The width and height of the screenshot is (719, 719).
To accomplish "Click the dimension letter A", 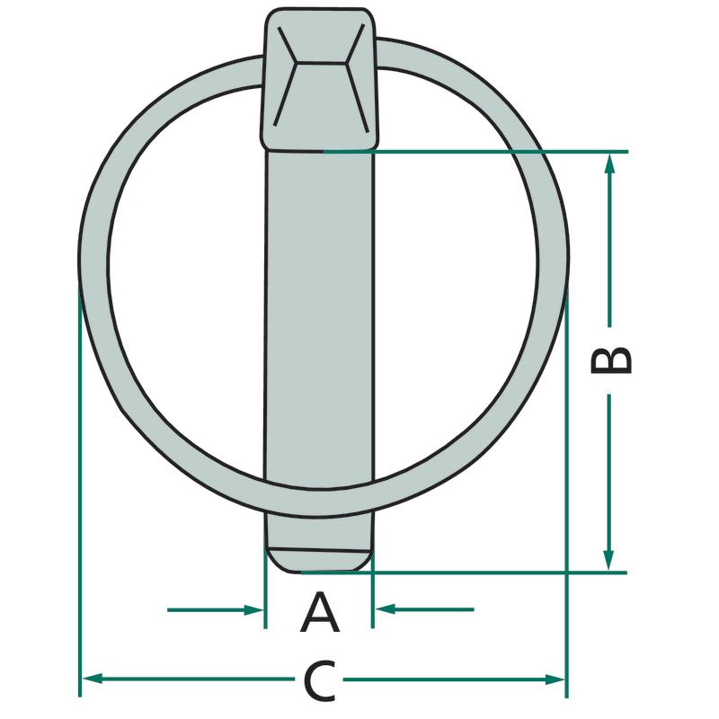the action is [320, 612].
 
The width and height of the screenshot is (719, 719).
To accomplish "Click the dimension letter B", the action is [611, 361].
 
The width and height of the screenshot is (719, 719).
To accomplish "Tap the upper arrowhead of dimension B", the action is [609, 164].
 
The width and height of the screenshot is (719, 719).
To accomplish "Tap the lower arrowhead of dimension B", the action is [608, 560].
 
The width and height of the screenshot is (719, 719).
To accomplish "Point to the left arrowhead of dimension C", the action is [92, 679].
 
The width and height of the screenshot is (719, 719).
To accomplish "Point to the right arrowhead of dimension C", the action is [555, 679].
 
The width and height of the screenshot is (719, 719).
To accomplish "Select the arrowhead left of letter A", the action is [253, 610].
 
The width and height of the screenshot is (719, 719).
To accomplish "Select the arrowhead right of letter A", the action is [386, 609].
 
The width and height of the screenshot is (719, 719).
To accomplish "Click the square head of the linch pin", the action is [321, 79].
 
